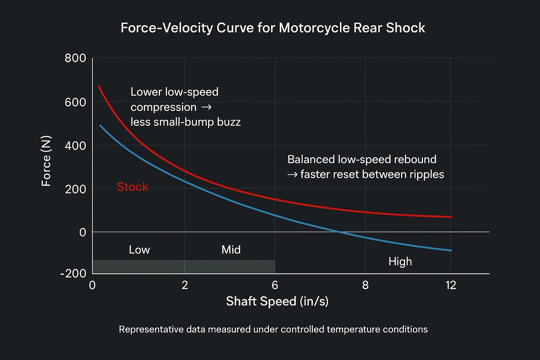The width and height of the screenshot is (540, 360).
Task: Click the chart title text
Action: pos(273,28)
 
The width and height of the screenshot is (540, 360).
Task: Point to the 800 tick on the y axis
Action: pos(75,58)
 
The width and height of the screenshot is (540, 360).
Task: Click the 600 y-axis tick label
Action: pos(75,102)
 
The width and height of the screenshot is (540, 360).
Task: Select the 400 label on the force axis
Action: pos(75,145)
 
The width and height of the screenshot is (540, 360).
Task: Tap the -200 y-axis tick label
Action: pos(73,274)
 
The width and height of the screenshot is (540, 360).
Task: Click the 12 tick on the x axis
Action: pos(451,285)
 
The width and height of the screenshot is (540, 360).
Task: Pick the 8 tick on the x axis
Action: pos(365,285)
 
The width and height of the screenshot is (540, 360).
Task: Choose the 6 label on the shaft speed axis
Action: pos(275,285)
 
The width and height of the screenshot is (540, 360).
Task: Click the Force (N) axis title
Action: pos(46,161)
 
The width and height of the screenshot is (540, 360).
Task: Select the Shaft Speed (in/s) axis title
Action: pos(277,301)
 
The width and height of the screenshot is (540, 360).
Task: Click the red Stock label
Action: pos(132,187)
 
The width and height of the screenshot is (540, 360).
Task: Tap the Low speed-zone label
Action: pos(139,250)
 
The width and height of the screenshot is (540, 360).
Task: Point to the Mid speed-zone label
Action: pos(231,250)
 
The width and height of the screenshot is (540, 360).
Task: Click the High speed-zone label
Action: pos(400,261)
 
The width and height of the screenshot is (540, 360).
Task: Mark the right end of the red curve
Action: pos(451,217)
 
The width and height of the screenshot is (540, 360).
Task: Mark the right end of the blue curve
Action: pos(451,250)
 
